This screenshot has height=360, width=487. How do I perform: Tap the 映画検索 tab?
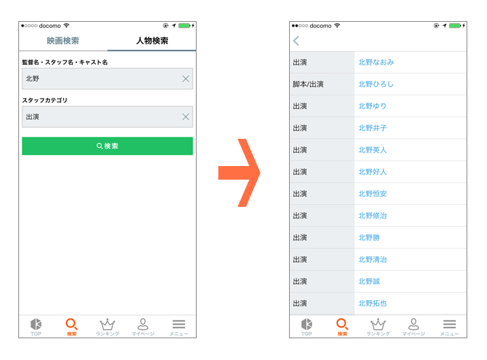63,41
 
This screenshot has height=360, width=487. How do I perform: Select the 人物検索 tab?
152,41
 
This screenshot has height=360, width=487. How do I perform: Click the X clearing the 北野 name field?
186,79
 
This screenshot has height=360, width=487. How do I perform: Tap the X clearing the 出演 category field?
186,117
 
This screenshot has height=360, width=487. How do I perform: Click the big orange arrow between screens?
239,173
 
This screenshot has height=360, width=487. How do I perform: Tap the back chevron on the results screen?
296,41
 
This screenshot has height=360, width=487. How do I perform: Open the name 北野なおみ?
376,63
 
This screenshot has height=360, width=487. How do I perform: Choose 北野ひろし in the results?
376,84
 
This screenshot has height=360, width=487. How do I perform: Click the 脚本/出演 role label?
308,84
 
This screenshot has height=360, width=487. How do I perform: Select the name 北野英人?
373,150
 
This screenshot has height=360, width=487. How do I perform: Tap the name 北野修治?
373,216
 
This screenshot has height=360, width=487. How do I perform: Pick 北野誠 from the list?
369,281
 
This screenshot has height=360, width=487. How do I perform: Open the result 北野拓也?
373,304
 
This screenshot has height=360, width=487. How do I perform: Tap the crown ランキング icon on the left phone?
107,324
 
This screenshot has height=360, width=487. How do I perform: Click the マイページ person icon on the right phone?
414,324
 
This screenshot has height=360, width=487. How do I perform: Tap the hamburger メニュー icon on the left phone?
179,324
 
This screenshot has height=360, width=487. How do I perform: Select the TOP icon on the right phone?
307,324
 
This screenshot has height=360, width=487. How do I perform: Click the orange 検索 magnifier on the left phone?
71,324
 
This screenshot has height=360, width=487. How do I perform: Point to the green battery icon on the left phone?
184,25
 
